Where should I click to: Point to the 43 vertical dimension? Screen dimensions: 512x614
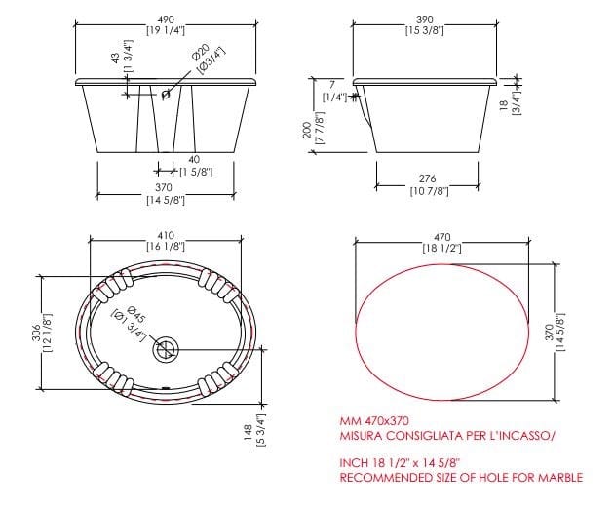116,57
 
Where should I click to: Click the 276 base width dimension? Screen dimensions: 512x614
428,178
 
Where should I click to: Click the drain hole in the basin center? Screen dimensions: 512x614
167,347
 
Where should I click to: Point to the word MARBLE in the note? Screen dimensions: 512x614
559,477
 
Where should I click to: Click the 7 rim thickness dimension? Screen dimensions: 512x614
331,85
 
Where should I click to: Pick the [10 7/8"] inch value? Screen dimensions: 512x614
428,191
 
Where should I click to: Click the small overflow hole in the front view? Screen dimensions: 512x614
166,95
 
